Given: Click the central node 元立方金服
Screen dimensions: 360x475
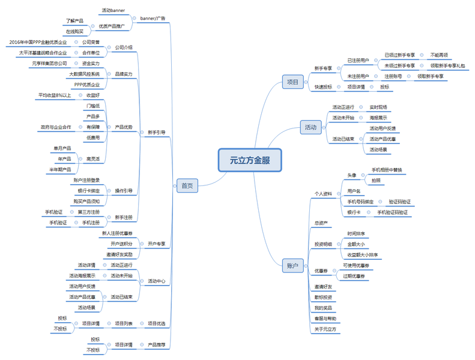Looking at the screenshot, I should click(x=249, y=161).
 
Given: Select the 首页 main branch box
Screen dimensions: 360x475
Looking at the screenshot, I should click(x=187, y=186).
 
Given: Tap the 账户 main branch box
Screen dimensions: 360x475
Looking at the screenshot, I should click(x=292, y=266).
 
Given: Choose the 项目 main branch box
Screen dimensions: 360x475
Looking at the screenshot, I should click(x=292, y=82).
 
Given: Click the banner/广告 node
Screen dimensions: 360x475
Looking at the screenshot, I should click(x=153, y=19).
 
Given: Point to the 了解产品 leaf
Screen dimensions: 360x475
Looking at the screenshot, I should click(x=74, y=21).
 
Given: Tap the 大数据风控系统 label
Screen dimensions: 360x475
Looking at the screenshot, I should click(x=84, y=74).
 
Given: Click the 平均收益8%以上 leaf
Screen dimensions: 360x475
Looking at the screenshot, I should click(x=55, y=95).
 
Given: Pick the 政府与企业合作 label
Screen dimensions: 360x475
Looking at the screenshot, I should click(x=56, y=127).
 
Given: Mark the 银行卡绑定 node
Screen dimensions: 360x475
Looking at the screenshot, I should click(x=88, y=191).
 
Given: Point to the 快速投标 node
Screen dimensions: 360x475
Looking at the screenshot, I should click(x=323, y=87).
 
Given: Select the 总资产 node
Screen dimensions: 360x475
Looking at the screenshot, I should click(x=321, y=223).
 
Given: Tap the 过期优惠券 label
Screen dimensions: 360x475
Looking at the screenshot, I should click(x=355, y=276).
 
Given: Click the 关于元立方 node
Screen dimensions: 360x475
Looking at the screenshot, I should click(x=325, y=329).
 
